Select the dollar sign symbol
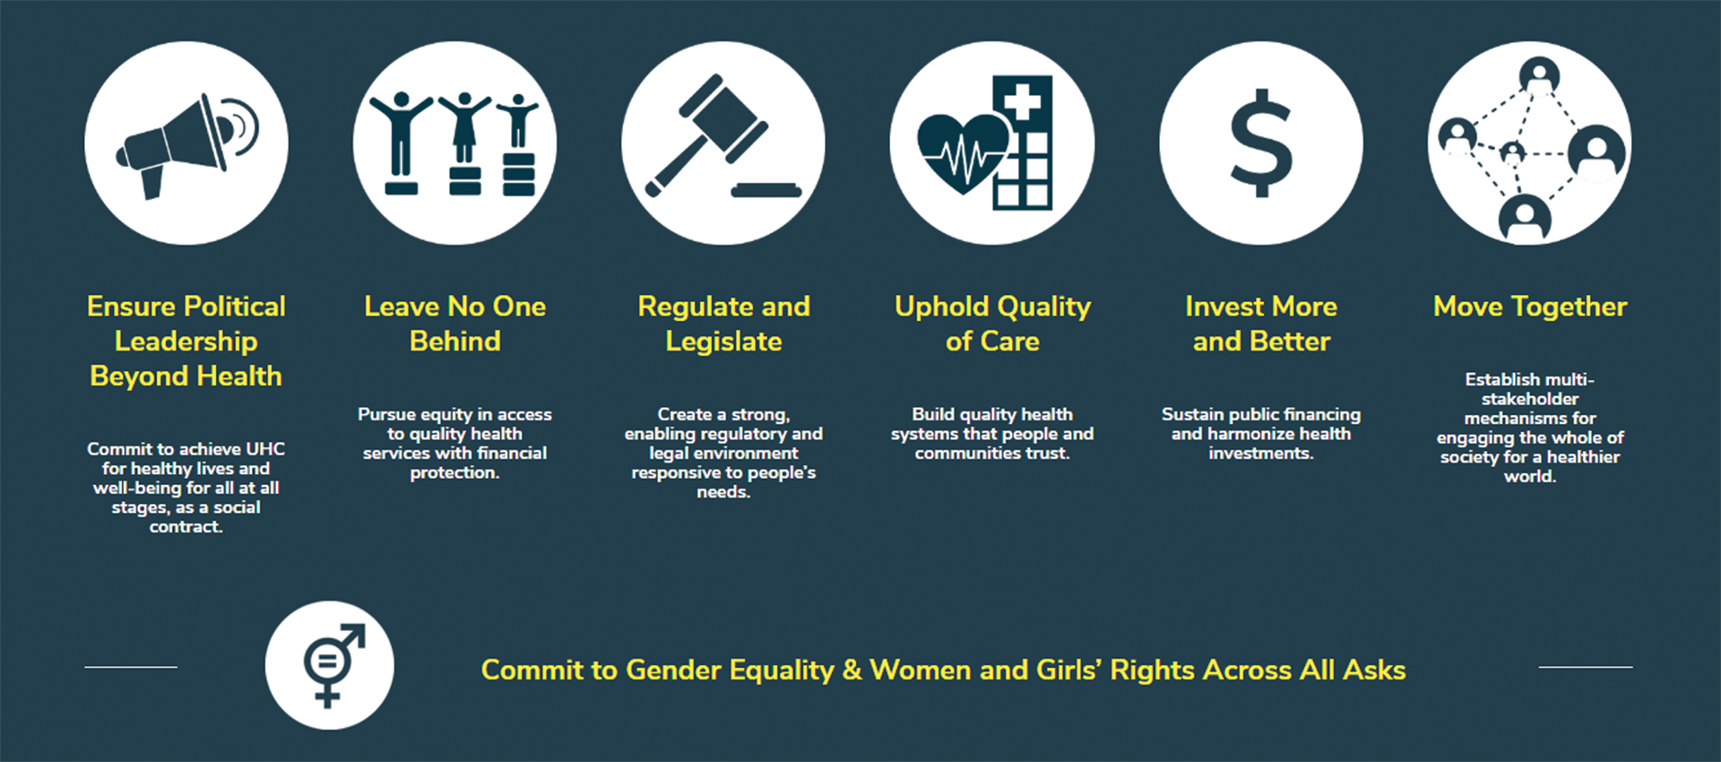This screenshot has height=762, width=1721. pos(1260,143)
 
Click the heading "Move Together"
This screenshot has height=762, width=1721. pos(1530,307)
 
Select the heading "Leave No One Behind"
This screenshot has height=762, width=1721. pos(454,324)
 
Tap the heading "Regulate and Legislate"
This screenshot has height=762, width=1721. pos(723,324)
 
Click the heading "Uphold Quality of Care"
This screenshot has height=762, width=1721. pos(992,324)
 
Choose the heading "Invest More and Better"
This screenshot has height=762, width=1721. pos(1261,324)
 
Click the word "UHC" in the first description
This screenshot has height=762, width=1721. pos(265,449)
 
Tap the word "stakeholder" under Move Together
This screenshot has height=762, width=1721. pos(1530,399)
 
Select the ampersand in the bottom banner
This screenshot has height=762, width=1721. pos(852,670)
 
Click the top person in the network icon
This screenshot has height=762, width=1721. pos(1539,75)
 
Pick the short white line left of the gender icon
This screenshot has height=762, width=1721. pos(131,667)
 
